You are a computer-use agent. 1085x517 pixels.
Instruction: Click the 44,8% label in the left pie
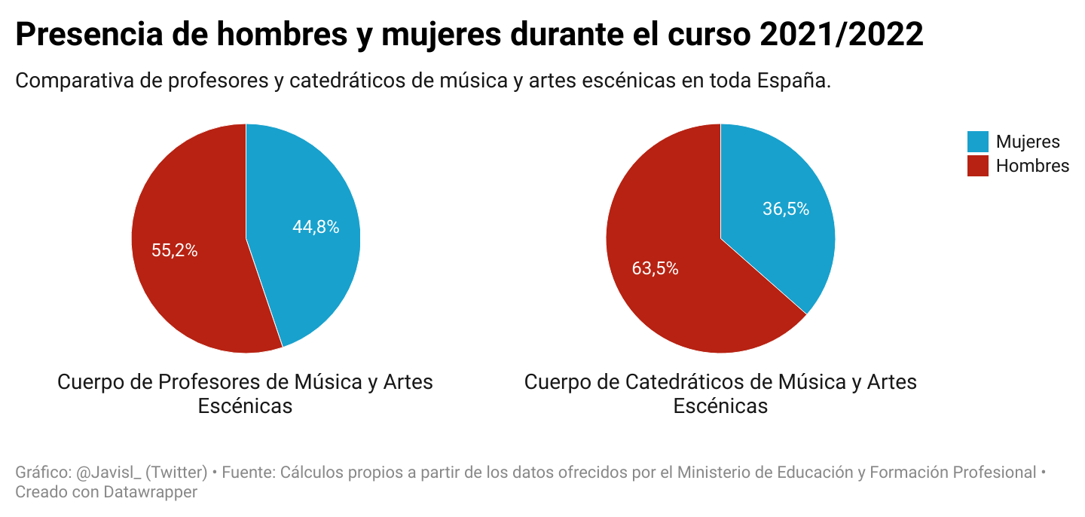[316, 227]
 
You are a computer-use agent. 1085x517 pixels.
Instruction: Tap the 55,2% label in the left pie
[174, 250]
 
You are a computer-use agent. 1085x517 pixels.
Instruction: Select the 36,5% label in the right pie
[786, 209]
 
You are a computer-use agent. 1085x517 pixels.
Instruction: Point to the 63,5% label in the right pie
[655, 268]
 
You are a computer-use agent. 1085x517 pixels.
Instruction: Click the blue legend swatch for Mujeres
[977, 142]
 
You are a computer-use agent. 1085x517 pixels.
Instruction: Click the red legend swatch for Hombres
[977, 166]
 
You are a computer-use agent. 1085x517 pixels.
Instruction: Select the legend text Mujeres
[1028, 142]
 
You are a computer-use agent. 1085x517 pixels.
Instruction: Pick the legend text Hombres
[1033, 167]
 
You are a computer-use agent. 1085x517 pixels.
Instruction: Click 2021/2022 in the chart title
[842, 34]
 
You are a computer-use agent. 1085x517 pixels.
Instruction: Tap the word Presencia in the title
[89, 35]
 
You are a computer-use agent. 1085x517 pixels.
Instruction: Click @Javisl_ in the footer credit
[109, 473]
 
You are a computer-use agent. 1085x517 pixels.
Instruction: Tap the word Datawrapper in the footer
[150, 492]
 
